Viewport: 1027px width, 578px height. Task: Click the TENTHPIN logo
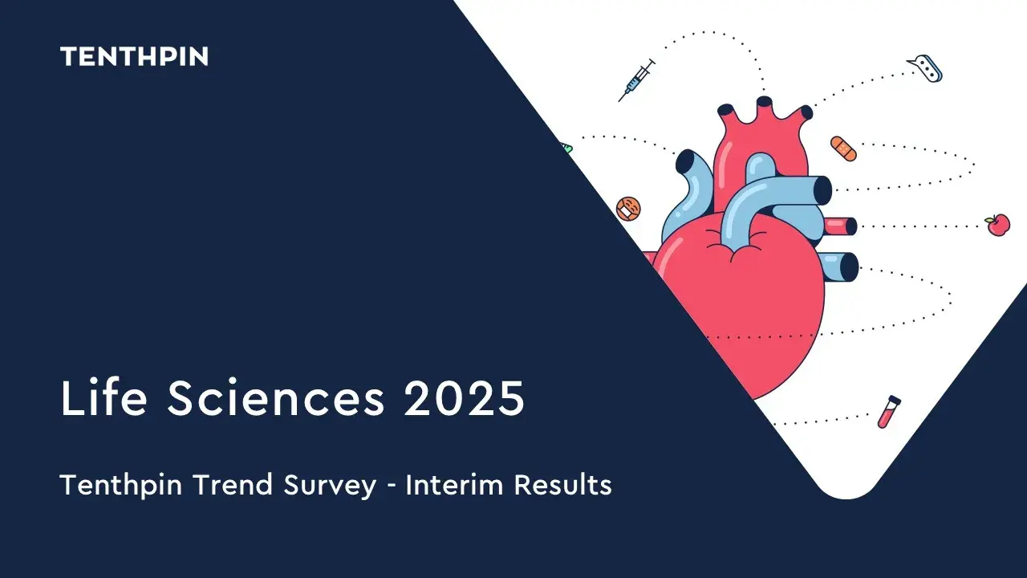tap(134, 56)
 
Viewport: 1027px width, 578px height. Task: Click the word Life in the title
tap(104, 397)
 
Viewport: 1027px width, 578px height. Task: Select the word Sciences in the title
tap(275, 397)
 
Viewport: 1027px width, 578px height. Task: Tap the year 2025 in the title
tap(464, 397)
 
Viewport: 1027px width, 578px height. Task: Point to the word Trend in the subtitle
tap(233, 484)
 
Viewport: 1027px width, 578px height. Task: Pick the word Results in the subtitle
tap(563, 484)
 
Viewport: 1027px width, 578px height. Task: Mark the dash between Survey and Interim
tap(391, 487)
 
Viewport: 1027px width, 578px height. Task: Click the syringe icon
tap(636, 79)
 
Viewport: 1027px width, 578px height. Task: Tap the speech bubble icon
tap(925, 70)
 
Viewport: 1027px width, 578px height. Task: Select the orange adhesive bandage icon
tap(843, 149)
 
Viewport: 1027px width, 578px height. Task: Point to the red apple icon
tap(997, 225)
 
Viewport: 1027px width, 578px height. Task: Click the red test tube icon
tap(889, 412)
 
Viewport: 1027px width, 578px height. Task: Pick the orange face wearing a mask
tap(628, 209)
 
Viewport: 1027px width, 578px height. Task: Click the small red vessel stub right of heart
tap(840, 226)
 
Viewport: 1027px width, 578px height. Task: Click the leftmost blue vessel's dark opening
tap(686, 161)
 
